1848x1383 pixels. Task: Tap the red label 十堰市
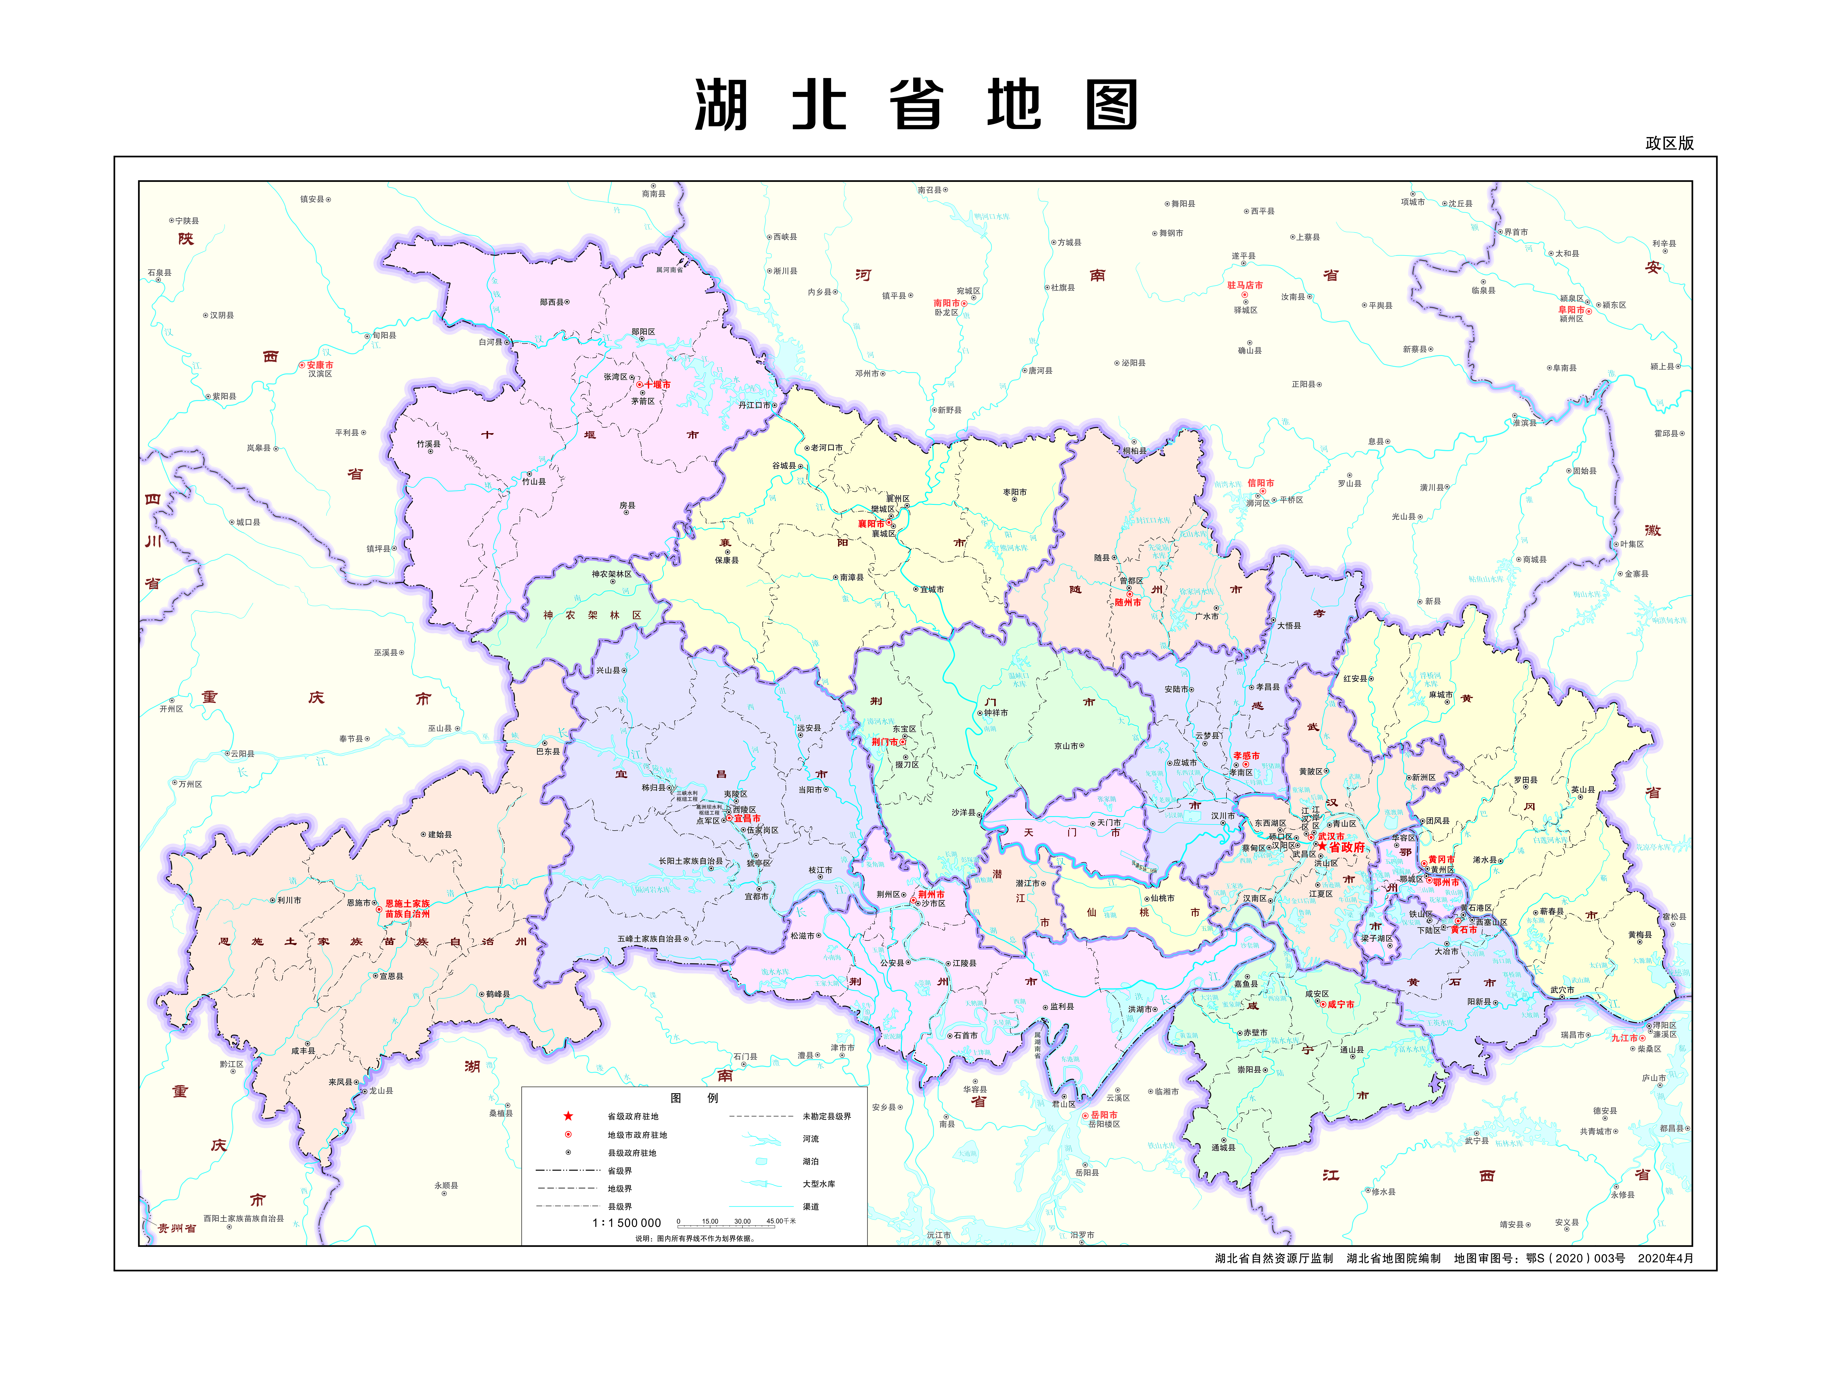point(658,384)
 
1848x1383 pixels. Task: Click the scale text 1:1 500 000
point(627,1222)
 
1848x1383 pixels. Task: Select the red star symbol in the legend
point(568,1116)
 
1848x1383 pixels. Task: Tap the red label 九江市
point(1624,1038)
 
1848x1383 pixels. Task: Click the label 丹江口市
point(754,405)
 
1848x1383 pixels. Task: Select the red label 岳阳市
point(1104,1115)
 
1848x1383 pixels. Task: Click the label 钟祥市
point(996,713)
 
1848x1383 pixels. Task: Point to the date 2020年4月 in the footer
point(1665,1258)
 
